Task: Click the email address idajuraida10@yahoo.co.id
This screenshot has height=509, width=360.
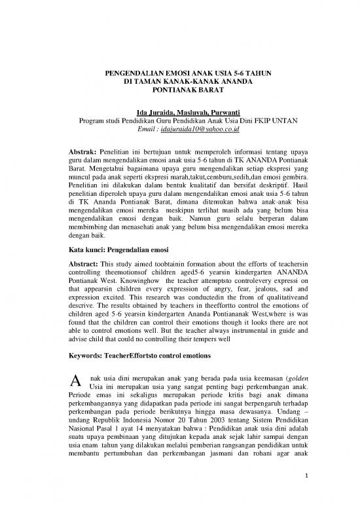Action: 196,130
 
